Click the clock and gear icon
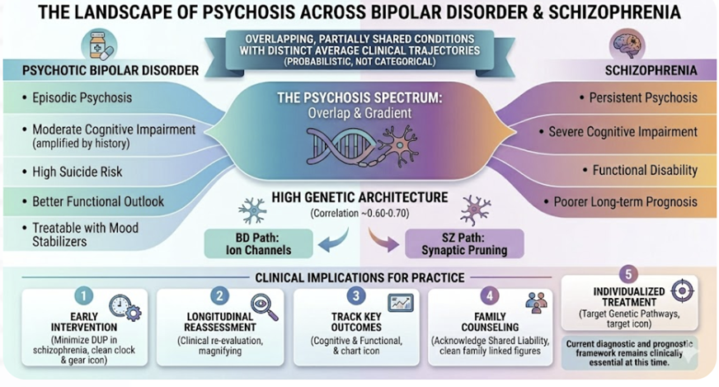125,309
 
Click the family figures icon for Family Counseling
535,303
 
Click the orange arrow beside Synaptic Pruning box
382,240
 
